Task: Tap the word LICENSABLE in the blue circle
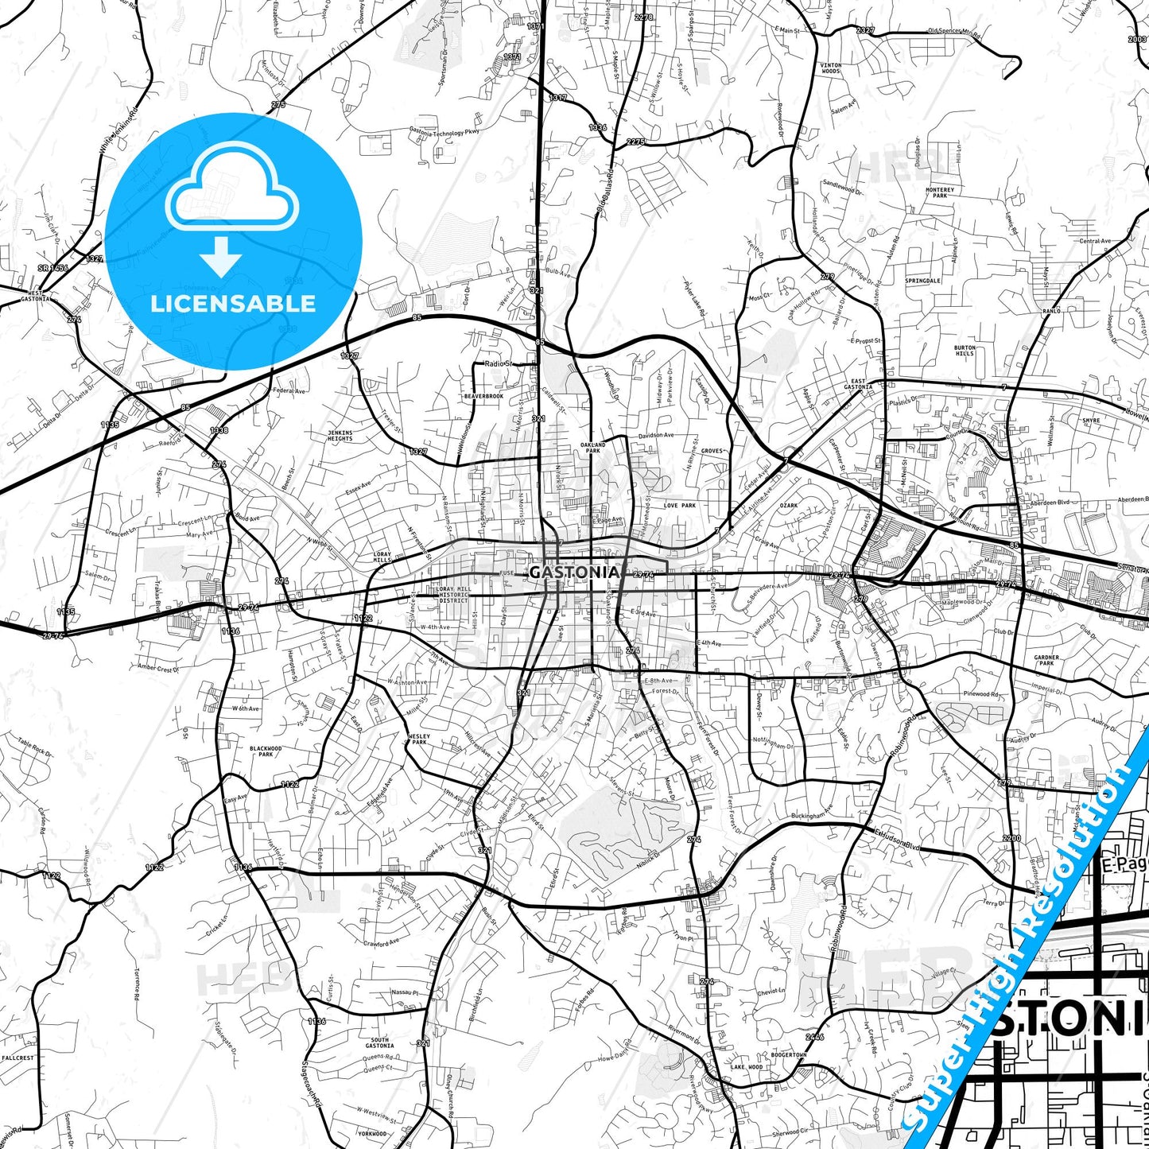tap(233, 304)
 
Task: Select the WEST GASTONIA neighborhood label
tap(35, 295)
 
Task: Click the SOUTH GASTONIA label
tap(379, 1042)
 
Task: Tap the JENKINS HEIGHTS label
tap(340, 436)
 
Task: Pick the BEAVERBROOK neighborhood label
tap(483, 396)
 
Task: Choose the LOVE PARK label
tap(680, 506)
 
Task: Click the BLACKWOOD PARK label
tap(266, 751)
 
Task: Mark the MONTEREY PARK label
tap(939, 192)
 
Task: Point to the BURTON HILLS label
tap(965, 351)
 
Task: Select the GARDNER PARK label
tap(1046, 660)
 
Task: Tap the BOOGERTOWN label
tap(789, 1054)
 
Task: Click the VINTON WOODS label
tap(830, 68)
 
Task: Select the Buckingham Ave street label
tap(811, 813)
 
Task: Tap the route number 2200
tap(1011, 838)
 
